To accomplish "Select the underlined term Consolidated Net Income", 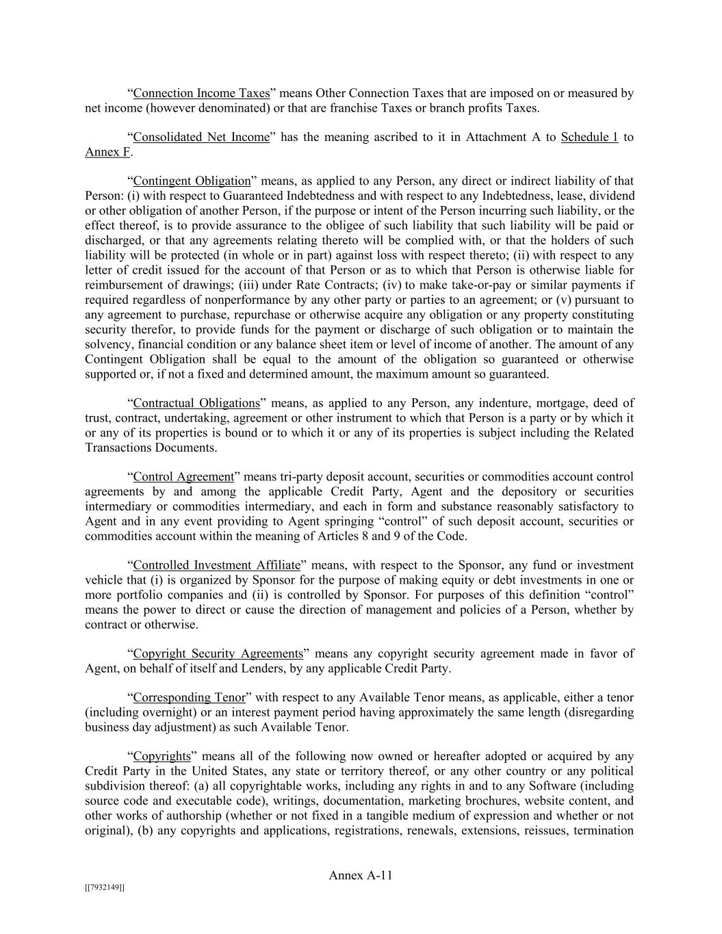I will (x=201, y=137).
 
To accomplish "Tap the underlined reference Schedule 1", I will (x=589, y=137).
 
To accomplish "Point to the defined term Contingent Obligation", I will (x=192, y=181).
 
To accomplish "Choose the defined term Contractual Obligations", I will (x=196, y=403).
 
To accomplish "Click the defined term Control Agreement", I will (x=183, y=477).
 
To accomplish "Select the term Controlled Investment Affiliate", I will (x=216, y=565).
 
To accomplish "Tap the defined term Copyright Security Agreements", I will (x=218, y=653).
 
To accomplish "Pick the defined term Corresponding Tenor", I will (x=189, y=698).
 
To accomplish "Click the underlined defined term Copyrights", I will (x=162, y=757).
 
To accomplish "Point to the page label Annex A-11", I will (x=361, y=875).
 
